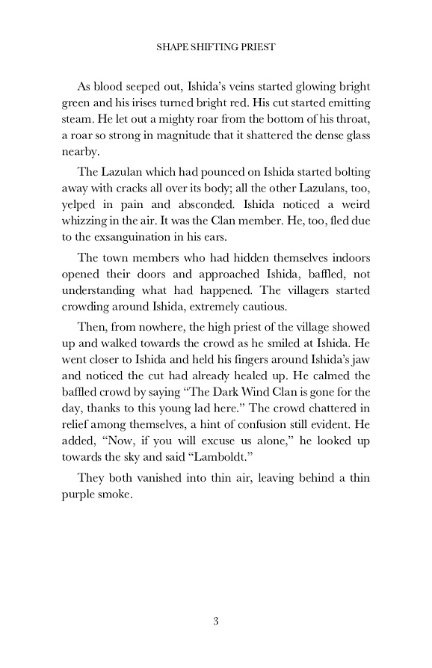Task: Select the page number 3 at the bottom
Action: (x=215, y=620)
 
